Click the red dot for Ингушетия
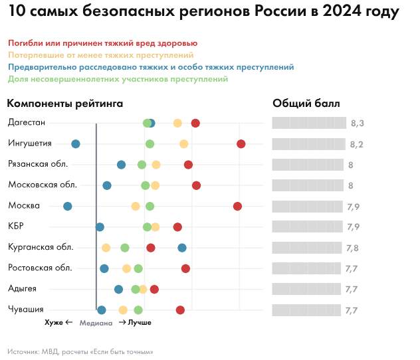tap(241, 144)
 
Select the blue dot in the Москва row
tap(68, 207)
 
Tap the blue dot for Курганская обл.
tap(182, 248)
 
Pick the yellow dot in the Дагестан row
tap(177, 124)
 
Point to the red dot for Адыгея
tap(155, 289)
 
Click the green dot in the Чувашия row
tap(138, 310)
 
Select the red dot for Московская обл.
tap(197, 185)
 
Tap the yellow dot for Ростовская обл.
tap(127, 268)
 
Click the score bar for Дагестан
tap(309, 124)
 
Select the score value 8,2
tap(357, 145)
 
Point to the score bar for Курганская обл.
tap(307, 248)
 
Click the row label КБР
tap(16, 226)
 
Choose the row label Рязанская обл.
tap(36, 164)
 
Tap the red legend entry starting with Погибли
tap(103, 43)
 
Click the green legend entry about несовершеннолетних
tap(118, 79)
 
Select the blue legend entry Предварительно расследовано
tap(152, 67)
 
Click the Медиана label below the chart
tap(96, 323)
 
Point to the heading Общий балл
tap(306, 104)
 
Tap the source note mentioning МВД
tap(80, 351)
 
